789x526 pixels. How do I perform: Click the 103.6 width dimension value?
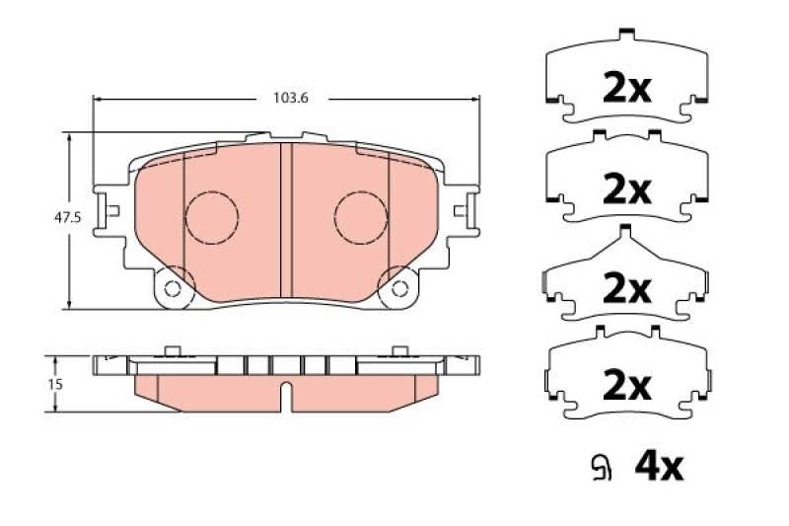point(290,98)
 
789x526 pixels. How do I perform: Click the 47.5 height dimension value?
point(67,217)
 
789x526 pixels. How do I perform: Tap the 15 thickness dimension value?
point(55,384)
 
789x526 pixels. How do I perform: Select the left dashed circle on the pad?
point(212,217)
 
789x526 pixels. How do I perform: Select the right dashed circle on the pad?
point(361,217)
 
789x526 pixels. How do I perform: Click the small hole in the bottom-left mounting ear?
point(173,289)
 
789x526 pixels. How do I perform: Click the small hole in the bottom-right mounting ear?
point(400,289)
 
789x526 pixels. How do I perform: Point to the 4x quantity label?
point(659,467)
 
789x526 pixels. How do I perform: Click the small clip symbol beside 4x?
point(601,468)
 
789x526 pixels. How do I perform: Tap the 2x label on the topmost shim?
point(627,89)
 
